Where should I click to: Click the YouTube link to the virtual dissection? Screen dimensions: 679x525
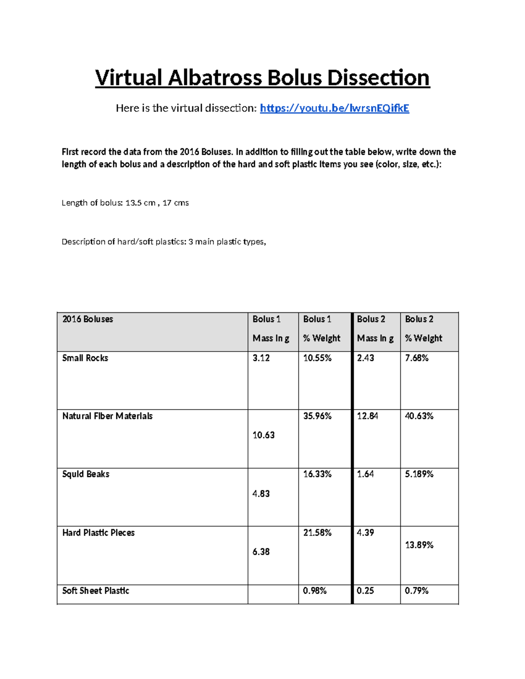(x=334, y=108)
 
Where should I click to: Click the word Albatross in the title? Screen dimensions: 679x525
(x=215, y=78)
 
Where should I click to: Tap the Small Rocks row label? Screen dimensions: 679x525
(x=85, y=358)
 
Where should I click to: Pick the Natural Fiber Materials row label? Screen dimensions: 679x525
(x=107, y=416)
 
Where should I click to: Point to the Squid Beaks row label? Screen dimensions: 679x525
(x=86, y=474)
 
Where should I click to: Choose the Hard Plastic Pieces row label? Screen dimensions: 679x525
(x=98, y=533)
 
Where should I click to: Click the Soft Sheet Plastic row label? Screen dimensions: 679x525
(x=96, y=591)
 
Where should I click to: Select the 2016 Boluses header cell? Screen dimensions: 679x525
(x=87, y=319)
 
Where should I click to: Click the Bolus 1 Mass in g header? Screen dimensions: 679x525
(x=271, y=329)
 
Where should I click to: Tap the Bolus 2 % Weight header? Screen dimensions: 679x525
(x=423, y=329)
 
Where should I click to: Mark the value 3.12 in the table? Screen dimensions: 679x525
(x=261, y=358)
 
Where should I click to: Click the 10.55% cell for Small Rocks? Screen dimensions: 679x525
(x=317, y=358)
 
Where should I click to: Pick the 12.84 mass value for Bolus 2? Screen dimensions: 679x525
(x=367, y=416)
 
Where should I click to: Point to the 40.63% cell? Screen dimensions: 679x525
(x=419, y=416)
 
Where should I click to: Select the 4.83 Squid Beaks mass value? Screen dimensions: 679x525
(x=261, y=494)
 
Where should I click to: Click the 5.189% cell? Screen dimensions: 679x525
(x=419, y=474)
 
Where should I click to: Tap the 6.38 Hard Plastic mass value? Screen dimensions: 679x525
(x=261, y=552)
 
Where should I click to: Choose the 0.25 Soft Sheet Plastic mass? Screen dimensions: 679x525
(x=365, y=591)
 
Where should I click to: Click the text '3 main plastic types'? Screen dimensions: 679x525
(x=227, y=242)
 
